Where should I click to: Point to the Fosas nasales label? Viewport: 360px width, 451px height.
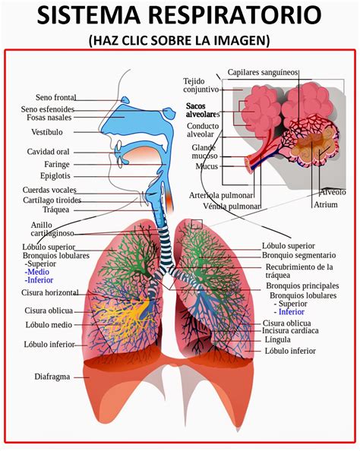[x=50, y=118]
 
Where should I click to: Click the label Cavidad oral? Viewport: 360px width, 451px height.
[x=49, y=152]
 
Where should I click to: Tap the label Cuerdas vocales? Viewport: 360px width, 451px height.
[x=49, y=190]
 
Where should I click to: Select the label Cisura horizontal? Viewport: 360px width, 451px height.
[x=51, y=292]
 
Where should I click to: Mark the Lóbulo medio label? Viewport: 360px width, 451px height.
[x=49, y=325]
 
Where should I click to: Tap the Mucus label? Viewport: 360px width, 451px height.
[x=207, y=166]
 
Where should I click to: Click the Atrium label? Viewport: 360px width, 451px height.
[x=327, y=204]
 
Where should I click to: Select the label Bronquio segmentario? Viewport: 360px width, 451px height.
[x=298, y=256]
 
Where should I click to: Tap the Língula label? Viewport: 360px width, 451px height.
[x=278, y=341]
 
